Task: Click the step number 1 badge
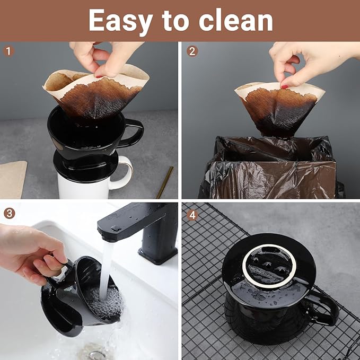(8, 51)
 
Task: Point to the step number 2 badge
(192, 51)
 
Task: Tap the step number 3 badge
(8, 213)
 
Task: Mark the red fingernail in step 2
(284, 86)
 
